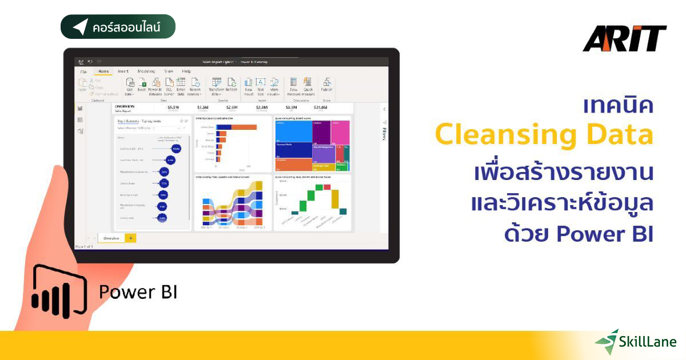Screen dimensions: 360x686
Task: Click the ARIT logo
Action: point(624,39)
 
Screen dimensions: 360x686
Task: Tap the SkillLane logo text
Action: point(647,342)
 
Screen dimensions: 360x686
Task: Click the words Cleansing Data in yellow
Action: point(544,135)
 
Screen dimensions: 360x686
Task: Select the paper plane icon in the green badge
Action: point(80,27)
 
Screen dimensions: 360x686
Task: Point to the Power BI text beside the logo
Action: point(138,291)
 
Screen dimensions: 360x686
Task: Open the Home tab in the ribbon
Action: point(103,71)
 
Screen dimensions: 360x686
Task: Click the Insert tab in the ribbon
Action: point(123,71)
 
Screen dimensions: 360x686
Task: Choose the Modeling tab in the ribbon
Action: point(146,71)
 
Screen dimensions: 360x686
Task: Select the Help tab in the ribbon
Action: point(186,71)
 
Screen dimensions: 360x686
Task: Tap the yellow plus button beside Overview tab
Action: point(130,238)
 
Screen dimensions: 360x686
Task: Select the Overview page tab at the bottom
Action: point(111,238)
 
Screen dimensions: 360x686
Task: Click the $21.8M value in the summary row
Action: point(320,107)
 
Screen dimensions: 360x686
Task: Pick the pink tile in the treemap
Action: point(341,132)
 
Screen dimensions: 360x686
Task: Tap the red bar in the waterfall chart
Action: point(327,187)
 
